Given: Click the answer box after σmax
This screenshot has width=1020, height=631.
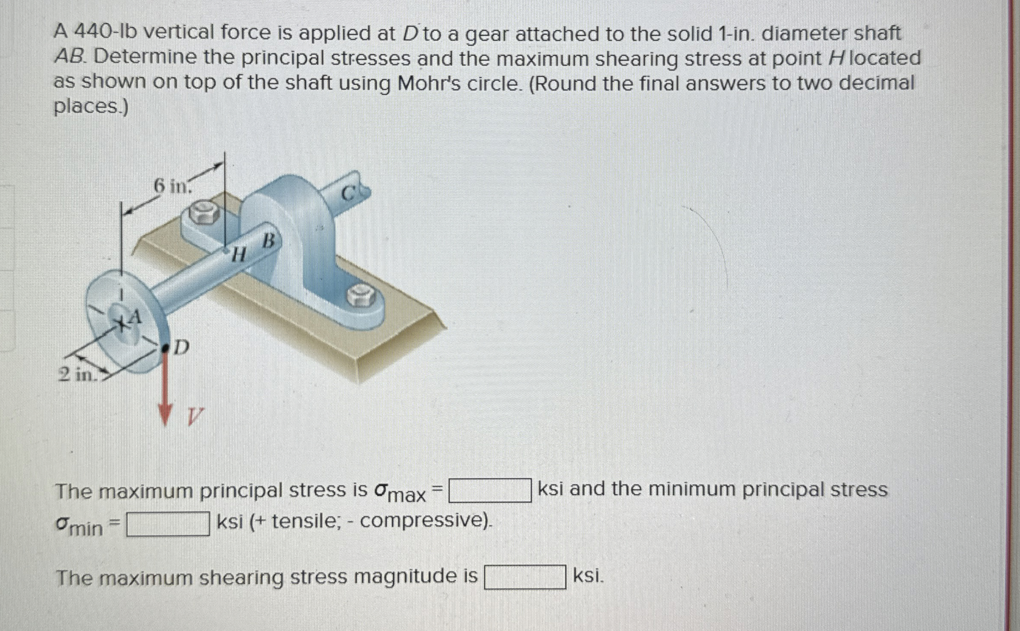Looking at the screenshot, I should click(x=490, y=491).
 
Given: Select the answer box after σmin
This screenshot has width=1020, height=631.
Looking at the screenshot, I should click(x=168, y=524).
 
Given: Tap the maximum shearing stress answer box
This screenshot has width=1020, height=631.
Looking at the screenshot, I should click(x=525, y=577).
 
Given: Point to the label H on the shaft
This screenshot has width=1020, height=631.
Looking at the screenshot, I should click(x=239, y=256).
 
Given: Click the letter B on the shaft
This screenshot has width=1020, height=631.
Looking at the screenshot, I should click(x=268, y=241).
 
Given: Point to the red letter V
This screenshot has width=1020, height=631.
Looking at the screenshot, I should click(x=195, y=416).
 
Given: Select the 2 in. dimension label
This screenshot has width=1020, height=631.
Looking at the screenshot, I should click(x=76, y=375).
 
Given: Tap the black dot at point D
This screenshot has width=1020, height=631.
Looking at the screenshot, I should click(x=165, y=349).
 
